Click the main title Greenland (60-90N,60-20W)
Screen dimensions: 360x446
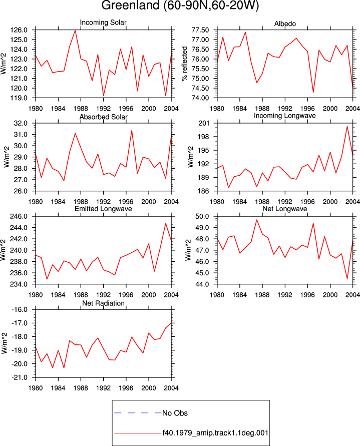pyautogui.click(x=180, y=6)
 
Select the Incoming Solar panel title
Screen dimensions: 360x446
pyautogui.click(x=103, y=23)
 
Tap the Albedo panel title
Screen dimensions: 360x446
pyautogui.click(x=285, y=24)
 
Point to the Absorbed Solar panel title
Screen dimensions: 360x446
pyautogui.click(x=103, y=117)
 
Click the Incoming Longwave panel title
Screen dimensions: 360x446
pyautogui.click(x=284, y=116)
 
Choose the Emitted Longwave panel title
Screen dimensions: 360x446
pyautogui.click(x=103, y=209)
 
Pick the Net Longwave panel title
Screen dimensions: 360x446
pyautogui.click(x=284, y=209)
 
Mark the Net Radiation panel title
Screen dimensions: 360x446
pyautogui.click(x=103, y=303)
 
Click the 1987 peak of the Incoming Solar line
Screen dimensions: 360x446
pyautogui.click(x=75, y=30)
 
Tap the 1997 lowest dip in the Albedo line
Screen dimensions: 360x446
pyautogui.click(x=313, y=92)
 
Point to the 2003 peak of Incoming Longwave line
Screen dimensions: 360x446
pyautogui.click(x=347, y=126)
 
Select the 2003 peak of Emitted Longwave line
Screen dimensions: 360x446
pyautogui.click(x=166, y=223)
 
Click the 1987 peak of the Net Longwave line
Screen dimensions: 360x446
pyautogui.click(x=257, y=220)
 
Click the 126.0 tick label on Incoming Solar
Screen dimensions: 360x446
pyautogui.click(x=19, y=30)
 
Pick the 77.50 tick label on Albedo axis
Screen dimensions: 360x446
pyautogui.click(x=200, y=30)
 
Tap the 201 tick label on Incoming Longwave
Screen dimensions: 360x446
pyautogui.click(x=204, y=123)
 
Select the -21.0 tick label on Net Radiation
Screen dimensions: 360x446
pyautogui.click(x=20, y=377)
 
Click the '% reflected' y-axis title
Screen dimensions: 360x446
pyautogui.click(x=184, y=64)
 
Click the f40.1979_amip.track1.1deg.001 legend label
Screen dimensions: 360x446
pyautogui.click(x=215, y=433)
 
